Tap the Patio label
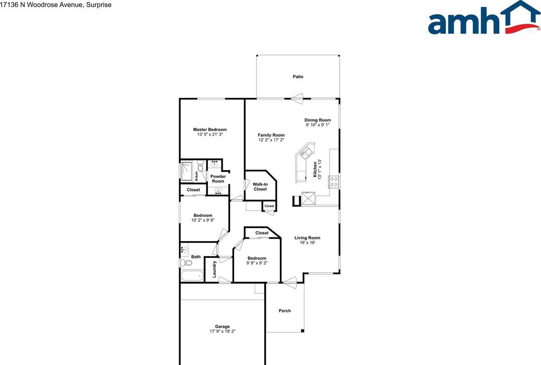[x=298, y=77]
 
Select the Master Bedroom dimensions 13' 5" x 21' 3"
[x=210, y=134]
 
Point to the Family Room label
[x=271, y=135]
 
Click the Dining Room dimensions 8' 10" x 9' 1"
[x=317, y=125]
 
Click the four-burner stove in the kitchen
[x=333, y=182]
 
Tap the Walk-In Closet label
[x=260, y=187]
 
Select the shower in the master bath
[x=187, y=172]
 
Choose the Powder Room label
[x=218, y=179]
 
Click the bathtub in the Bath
[x=192, y=276]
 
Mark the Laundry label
[x=215, y=269]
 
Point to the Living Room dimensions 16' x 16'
[x=307, y=242]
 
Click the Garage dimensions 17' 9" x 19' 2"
[x=222, y=332]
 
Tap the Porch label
[x=285, y=311]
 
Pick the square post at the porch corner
[x=302, y=330]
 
